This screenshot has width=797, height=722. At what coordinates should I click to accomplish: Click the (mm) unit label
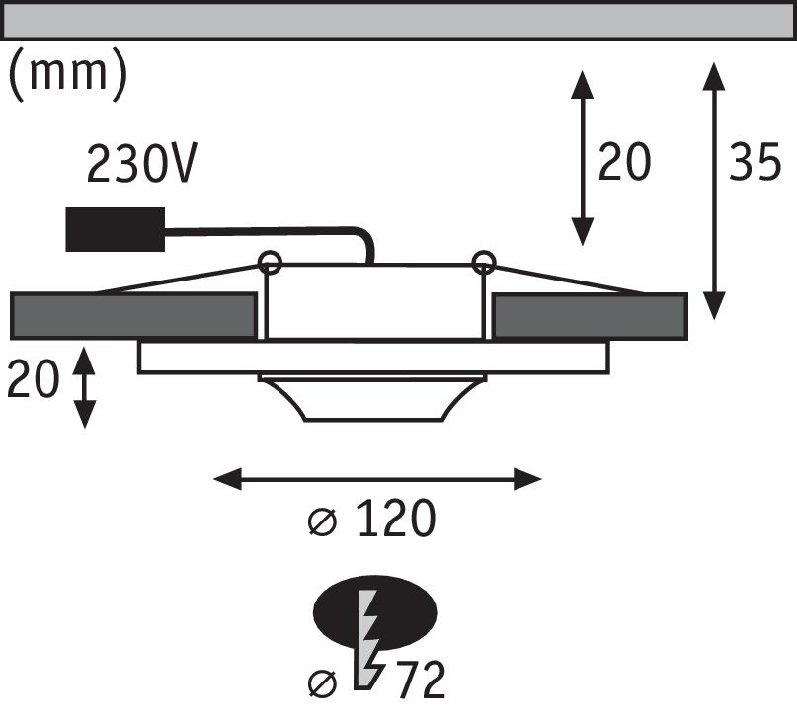[x=68, y=74]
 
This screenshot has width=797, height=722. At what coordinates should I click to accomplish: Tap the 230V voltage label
[x=140, y=164]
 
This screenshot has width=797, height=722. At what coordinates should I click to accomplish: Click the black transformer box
[x=115, y=229]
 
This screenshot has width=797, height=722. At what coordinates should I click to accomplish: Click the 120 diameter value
[x=394, y=520]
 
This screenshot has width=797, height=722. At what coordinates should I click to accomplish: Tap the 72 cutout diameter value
[x=420, y=680]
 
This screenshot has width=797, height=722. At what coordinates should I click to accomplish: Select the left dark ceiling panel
[x=131, y=315]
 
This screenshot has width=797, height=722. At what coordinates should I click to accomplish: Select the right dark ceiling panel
[x=589, y=315]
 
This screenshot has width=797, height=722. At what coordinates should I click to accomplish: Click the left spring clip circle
[x=270, y=262]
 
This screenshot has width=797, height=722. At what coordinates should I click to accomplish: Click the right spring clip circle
[x=483, y=262]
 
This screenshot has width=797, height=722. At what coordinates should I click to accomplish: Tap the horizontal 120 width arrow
[x=378, y=480]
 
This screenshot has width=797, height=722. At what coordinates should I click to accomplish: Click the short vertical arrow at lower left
[x=85, y=386]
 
